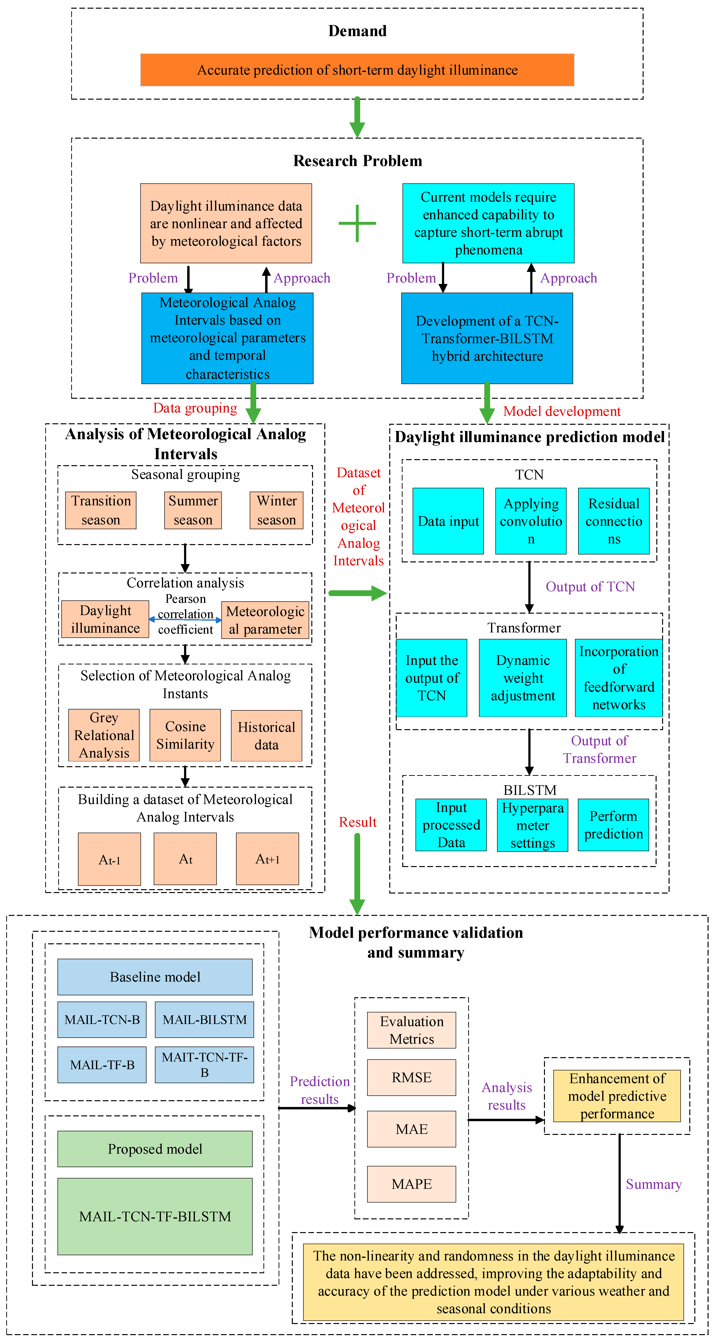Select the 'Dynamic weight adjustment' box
(523, 678)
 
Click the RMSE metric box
(411, 1077)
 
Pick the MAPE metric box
(411, 1184)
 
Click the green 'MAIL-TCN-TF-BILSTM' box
(155, 1216)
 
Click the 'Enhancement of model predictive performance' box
(617, 1096)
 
